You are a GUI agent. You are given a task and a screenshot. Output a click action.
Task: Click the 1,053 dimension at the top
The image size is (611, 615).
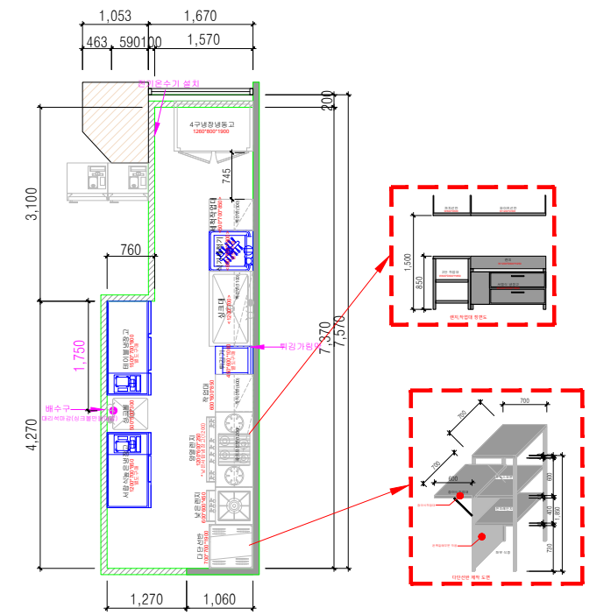coord(115,15)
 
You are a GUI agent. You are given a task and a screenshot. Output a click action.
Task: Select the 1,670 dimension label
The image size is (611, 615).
coord(201,15)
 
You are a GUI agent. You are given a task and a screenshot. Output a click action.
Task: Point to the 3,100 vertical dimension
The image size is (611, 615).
coord(32,203)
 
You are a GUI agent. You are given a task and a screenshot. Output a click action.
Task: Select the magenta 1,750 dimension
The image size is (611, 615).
coord(79,358)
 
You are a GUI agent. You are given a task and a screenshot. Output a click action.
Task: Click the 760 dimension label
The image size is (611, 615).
coord(129,251)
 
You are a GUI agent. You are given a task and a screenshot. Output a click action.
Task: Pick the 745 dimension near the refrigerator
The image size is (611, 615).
coord(227,175)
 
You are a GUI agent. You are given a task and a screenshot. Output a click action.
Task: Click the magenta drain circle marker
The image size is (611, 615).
coord(113,410)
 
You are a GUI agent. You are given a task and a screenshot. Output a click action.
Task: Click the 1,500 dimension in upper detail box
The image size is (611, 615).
coord(406,260)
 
